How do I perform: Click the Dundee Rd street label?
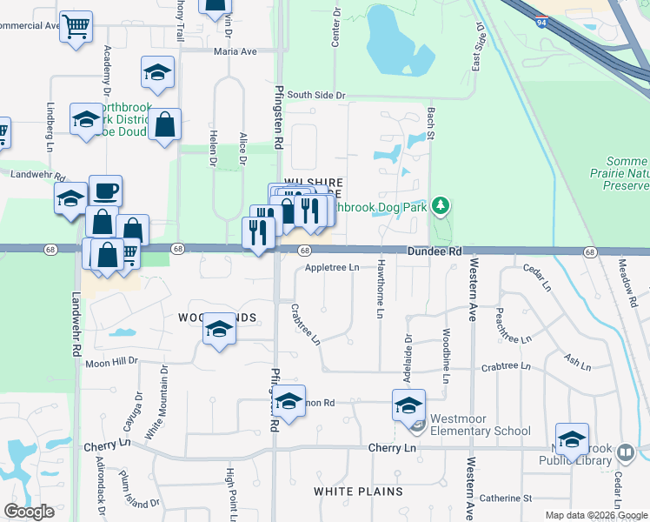pyautogui.click(x=431, y=251)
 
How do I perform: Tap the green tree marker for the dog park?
pyautogui.click(x=442, y=206)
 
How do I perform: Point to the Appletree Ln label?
pyautogui.click(x=332, y=268)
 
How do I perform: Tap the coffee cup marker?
pyautogui.click(x=106, y=191)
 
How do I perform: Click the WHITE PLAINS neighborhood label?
pyautogui.click(x=358, y=492)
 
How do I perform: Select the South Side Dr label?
pyautogui.click(x=317, y=95)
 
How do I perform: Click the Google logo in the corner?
pyautogui.click(x=29, y=512)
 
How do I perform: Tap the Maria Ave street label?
pyautogui.click(x=236, y=51)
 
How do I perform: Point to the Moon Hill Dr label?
pyautogui.click(x=112, y=361)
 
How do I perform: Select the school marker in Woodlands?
pyautogui.click(x=219, y=331)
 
